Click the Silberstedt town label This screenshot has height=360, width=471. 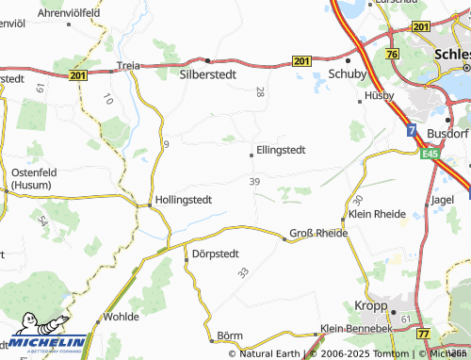click(210, 71)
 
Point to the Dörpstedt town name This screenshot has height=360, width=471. click(216, 254)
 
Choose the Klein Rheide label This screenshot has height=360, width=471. click(377, 214)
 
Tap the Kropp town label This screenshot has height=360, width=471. click(372, 306)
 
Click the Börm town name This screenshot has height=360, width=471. click(230, 335)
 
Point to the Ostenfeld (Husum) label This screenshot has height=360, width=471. click(35, 176)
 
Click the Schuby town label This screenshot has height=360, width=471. click(346, 73)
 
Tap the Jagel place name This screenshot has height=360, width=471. click(443, 199)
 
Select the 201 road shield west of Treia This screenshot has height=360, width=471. click(78, 74)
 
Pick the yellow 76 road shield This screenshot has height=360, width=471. click(390, 55)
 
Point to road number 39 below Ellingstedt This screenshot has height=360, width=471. click(254, 181)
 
